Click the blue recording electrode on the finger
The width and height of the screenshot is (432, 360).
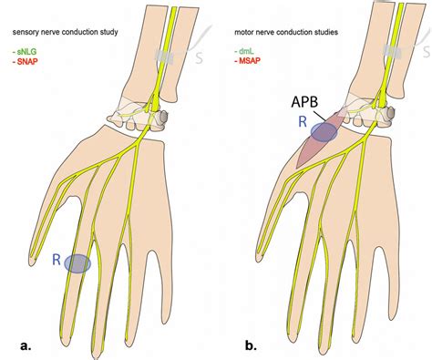point(78,263)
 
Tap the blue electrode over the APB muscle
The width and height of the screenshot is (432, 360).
point(322,132)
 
